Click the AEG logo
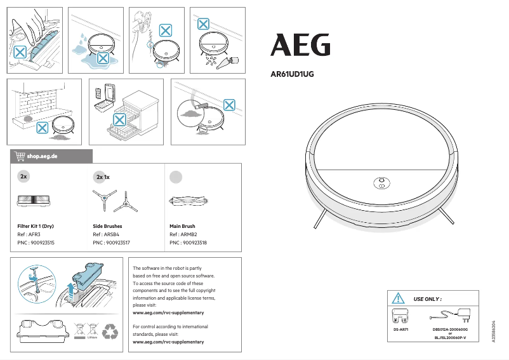(x=301, y=45)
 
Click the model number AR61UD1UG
(x=293, y=74)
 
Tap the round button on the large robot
(x=381, y=183)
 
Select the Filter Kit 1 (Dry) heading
(x=39, y=226)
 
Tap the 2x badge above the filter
(x=23, y=176)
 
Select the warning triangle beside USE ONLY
(x=398, y=298)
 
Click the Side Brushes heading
(x=107, y=226)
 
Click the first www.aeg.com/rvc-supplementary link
(x=168, y=312)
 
